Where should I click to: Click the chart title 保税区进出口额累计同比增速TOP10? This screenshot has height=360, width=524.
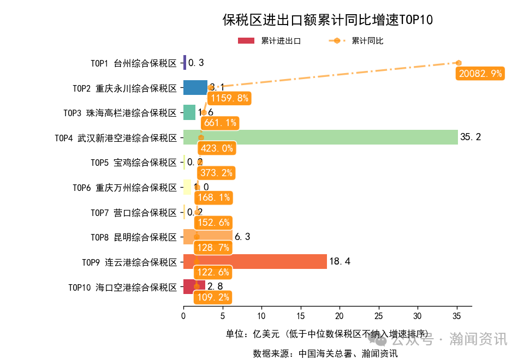(x=327, y=20)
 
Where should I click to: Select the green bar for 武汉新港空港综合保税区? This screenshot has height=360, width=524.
(x=320, y=137)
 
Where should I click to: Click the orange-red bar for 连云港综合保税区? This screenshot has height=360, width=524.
(x=255, y=262)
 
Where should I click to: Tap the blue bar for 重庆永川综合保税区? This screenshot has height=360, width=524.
(x=195, y=87)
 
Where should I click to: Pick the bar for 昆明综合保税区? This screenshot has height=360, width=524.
(x=208, y=237)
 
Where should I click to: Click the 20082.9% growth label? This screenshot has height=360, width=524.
(x=480, y=74)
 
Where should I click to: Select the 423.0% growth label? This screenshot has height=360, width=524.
(x=216, y=148)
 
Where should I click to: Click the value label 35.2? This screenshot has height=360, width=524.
(x=471, y=137)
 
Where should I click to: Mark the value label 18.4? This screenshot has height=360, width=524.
(x=340, y=262)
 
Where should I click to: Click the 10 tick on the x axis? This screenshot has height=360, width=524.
(x=261, y=315)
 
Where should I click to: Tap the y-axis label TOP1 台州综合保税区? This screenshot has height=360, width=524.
(x=134, y=63)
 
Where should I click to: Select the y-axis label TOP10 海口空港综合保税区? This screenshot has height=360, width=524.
(x=123, y=287)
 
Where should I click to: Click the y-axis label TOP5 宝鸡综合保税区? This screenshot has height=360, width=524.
(x=134, y=163)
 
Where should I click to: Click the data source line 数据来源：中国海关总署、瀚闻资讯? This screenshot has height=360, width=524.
(x=325, y=353)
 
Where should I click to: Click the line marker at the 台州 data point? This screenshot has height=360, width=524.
(x=458, y=63)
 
